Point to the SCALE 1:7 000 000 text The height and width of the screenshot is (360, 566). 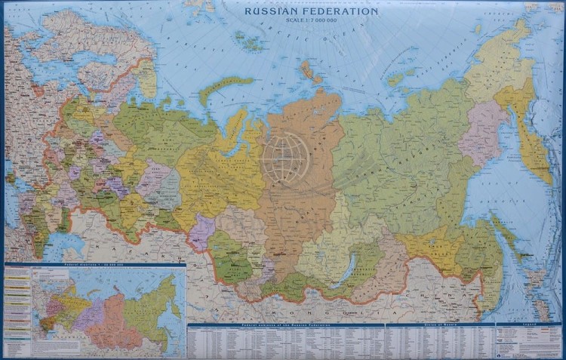tap(311, 21)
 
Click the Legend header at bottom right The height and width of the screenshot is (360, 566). tap(528, 325)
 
